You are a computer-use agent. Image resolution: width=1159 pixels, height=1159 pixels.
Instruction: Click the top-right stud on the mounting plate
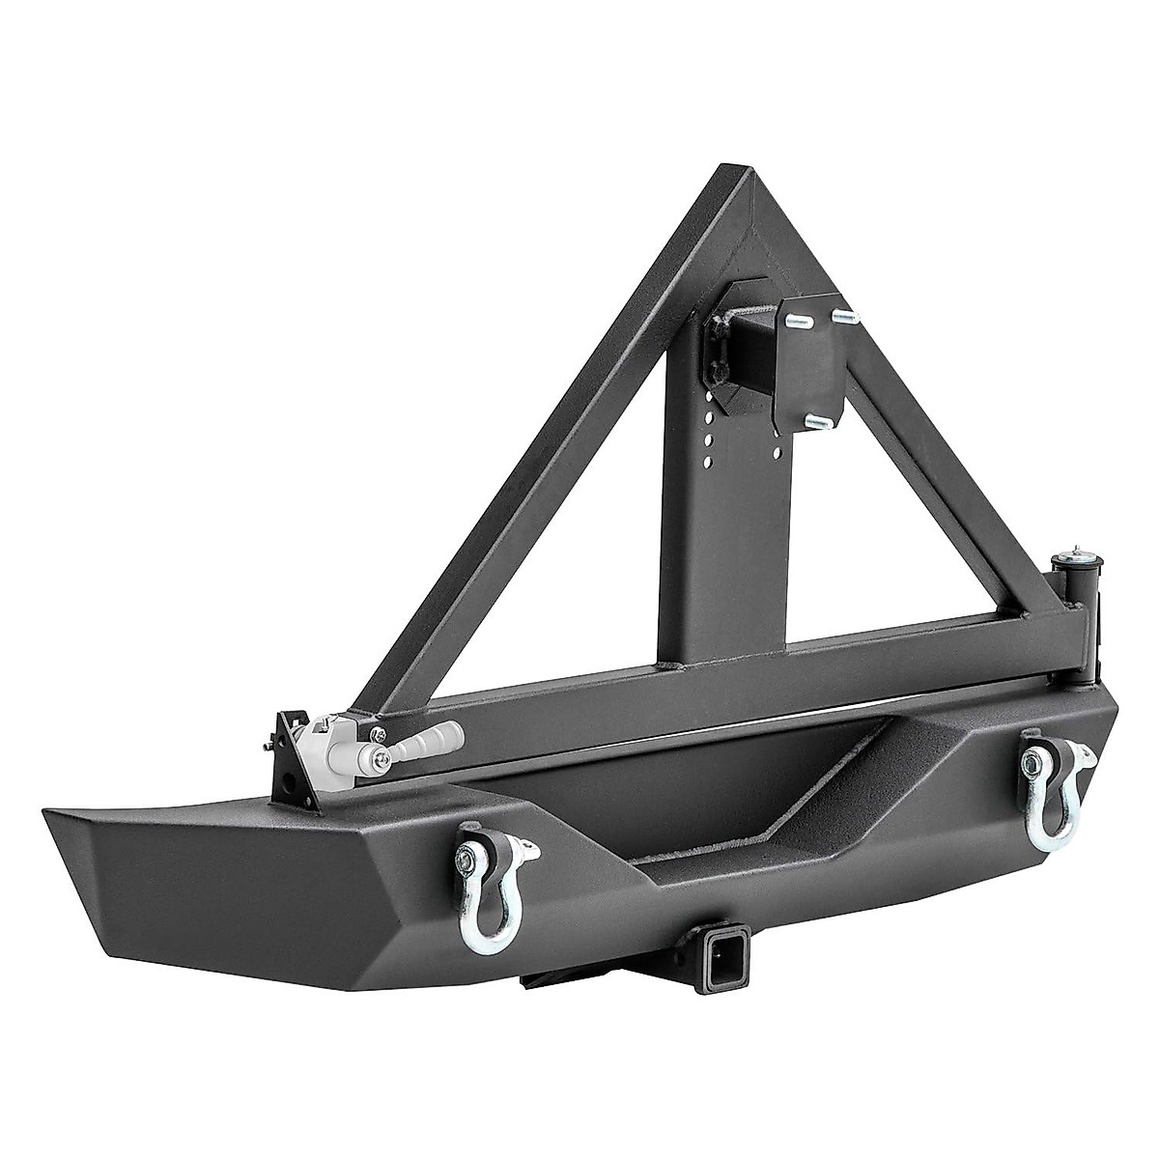(x=842, y=315)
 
